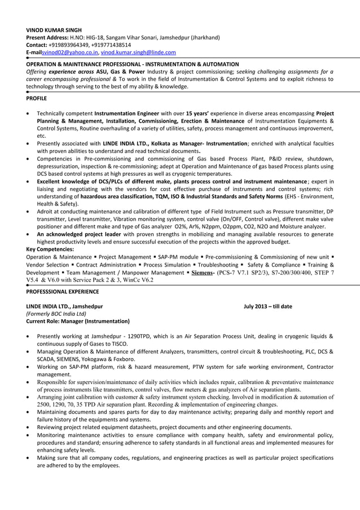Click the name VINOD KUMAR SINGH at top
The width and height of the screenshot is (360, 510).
[x=54, y=30]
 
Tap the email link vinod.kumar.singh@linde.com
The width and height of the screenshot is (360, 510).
[x=138, y=52]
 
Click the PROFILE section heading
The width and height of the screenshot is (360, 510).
[x=37, y=98]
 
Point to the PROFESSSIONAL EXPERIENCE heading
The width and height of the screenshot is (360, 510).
[x=63, y=291]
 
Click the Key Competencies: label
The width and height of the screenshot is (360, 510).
[x=50, y=249]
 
